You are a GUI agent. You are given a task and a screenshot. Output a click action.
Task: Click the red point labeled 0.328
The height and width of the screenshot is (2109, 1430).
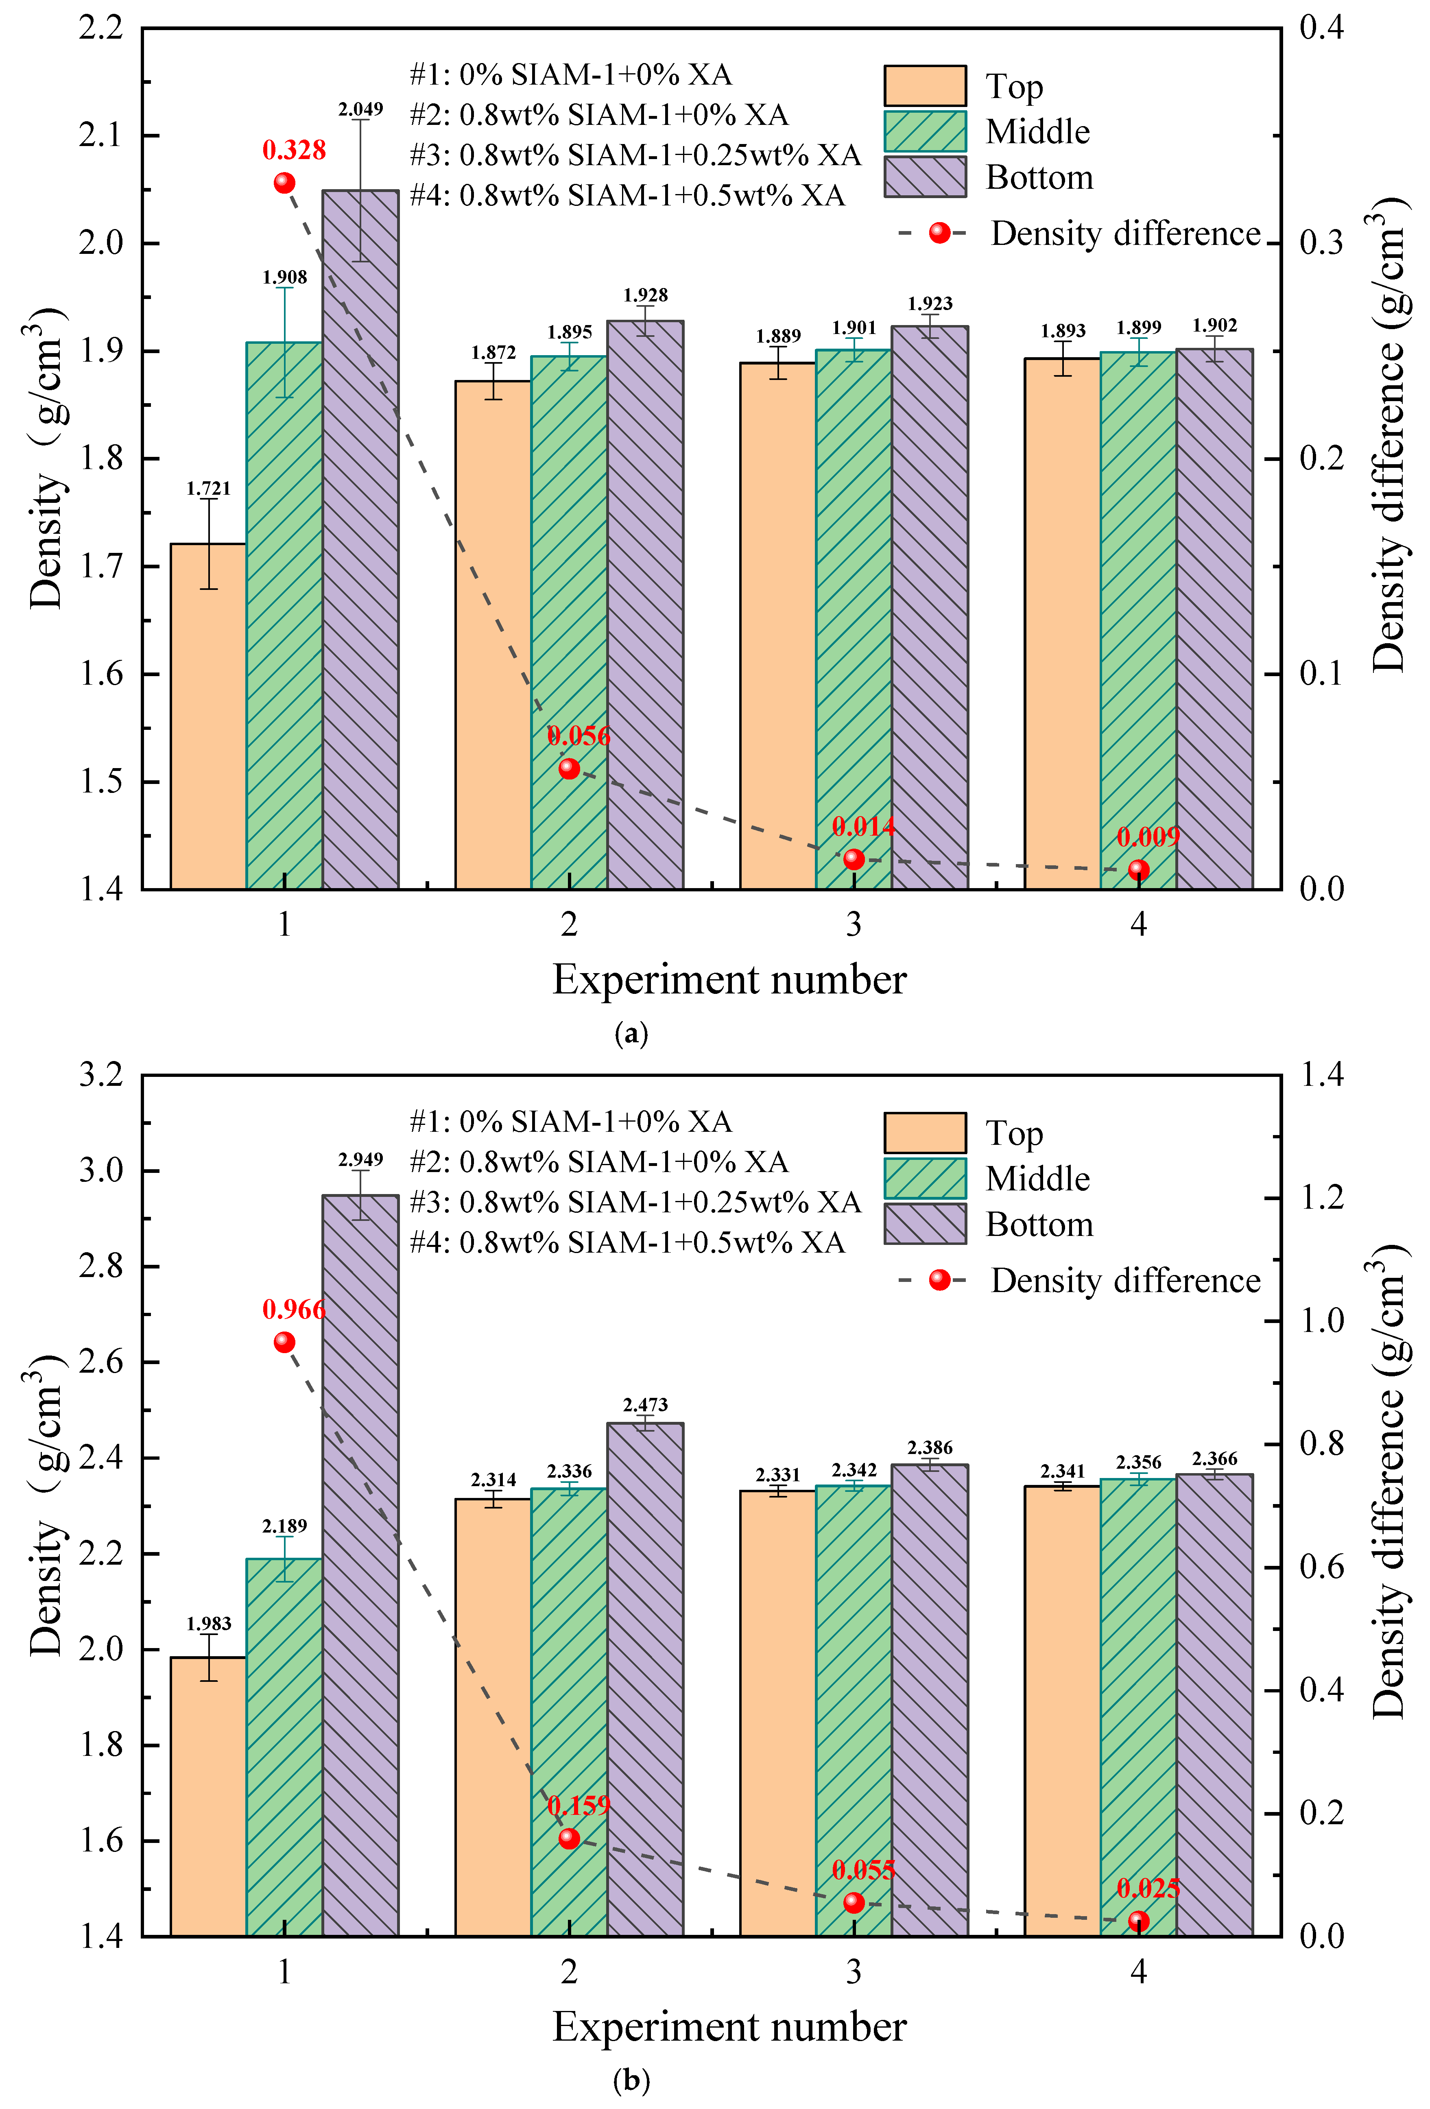click(284, 182)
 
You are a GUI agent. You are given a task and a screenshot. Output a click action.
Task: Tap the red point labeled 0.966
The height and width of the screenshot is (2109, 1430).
click(284, 1341)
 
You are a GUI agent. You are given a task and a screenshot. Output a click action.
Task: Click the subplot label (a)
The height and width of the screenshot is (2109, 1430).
click(631, 1034)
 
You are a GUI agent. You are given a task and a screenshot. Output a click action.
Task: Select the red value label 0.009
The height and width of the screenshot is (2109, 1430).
click(1148, 837)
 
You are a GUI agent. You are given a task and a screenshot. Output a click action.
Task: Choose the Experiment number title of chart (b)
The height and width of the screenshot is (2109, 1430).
click(729, 2026)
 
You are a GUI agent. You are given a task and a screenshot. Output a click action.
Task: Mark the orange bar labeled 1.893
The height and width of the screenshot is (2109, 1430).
click(1063, 623)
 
